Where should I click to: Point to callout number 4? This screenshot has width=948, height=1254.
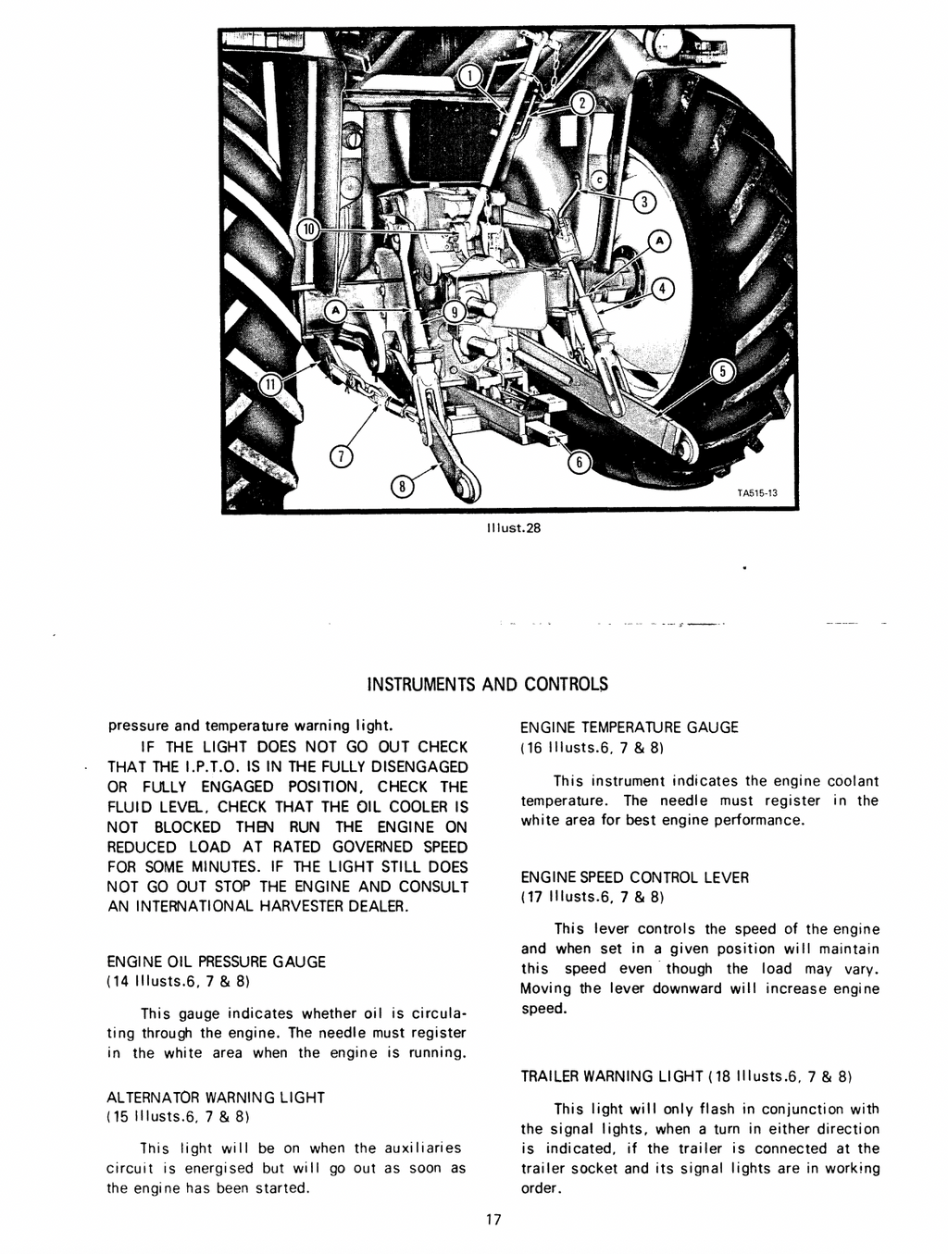point(663,289)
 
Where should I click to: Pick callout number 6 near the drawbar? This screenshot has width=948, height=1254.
point(578,464)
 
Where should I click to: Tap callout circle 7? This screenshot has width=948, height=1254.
point(342,456)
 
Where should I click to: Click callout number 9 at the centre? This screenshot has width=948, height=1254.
point(454,312)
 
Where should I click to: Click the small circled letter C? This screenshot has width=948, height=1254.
point(599,180)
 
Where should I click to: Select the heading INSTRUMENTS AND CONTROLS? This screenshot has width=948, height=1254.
point(487,685)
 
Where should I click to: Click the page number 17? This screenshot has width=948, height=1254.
point(493,1219)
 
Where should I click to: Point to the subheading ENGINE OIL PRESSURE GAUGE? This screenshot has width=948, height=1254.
point(217,962)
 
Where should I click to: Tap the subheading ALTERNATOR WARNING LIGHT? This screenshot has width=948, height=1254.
point(216,1097)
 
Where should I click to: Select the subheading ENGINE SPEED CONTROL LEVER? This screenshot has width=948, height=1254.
point(634,876)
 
